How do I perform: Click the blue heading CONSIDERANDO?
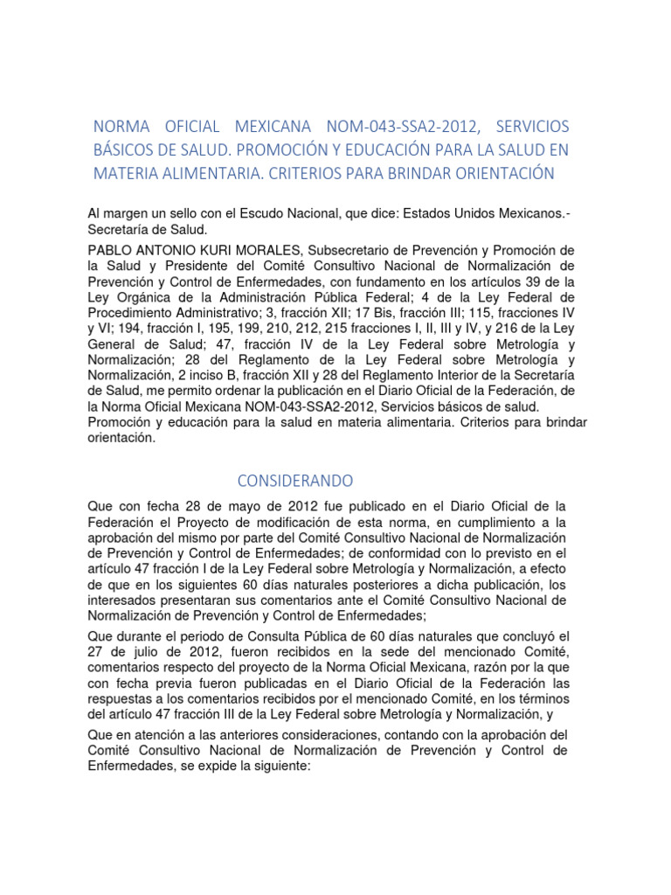[295, 481]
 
